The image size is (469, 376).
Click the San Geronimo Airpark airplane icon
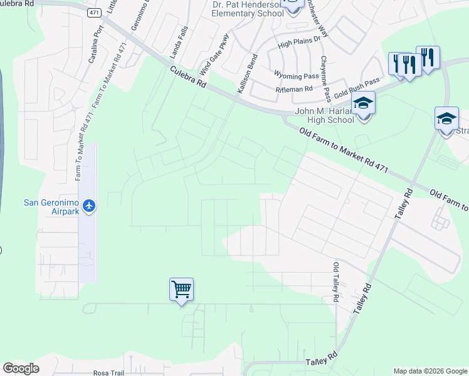(x=89, y=206)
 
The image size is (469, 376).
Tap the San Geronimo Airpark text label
(x=52, y=206)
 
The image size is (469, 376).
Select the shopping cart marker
(x=181, y=290)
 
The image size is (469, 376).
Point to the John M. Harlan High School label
(x=324, y=116)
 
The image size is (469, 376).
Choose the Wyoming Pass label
(x=296, y=76)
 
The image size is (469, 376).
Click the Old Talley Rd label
(x=336, y=283)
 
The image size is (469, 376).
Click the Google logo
(x=21, y=368)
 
